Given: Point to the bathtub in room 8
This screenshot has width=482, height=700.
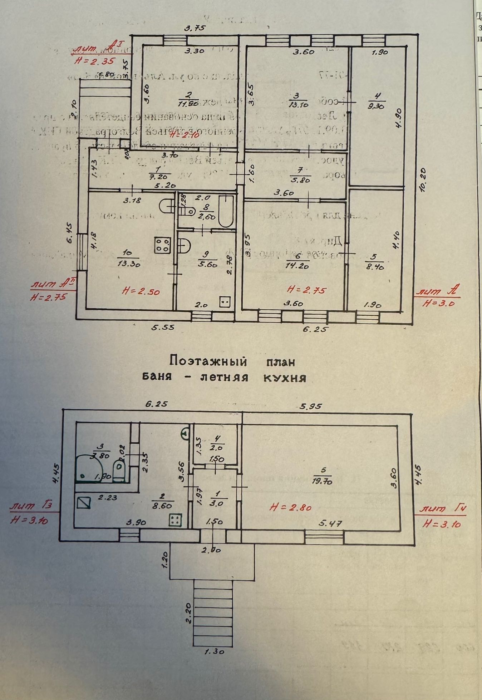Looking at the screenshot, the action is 226,211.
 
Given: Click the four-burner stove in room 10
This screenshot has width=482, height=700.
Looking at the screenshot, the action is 163,245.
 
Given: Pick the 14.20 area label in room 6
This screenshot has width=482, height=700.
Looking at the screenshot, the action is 297,265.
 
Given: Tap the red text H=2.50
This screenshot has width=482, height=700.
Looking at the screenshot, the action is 141,291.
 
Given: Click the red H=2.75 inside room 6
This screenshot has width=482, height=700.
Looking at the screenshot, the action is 307,290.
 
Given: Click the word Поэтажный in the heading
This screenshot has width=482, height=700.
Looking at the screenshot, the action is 208,361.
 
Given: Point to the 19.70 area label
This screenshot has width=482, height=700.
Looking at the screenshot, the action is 323,481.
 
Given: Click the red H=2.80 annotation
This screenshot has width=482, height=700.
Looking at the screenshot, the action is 291,507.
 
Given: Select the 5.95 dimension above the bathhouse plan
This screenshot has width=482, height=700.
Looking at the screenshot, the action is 311,406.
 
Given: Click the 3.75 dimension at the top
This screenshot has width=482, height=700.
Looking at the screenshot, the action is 195,28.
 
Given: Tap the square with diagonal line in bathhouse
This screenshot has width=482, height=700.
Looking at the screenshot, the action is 84,503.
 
